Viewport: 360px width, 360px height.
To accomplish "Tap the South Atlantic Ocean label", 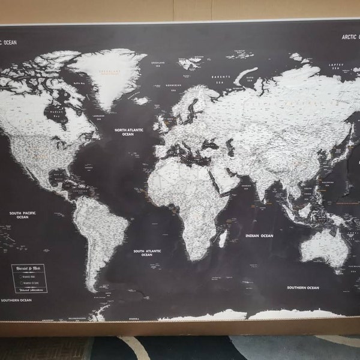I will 147,253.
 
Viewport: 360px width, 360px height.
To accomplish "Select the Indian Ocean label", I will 259,236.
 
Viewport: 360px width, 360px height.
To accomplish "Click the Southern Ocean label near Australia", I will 303,288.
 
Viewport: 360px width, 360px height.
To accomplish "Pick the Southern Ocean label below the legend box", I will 16,300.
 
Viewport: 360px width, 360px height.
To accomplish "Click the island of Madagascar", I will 223,238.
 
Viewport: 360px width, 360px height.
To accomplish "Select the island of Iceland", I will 142,100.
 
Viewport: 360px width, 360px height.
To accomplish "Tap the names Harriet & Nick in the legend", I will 31,266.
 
